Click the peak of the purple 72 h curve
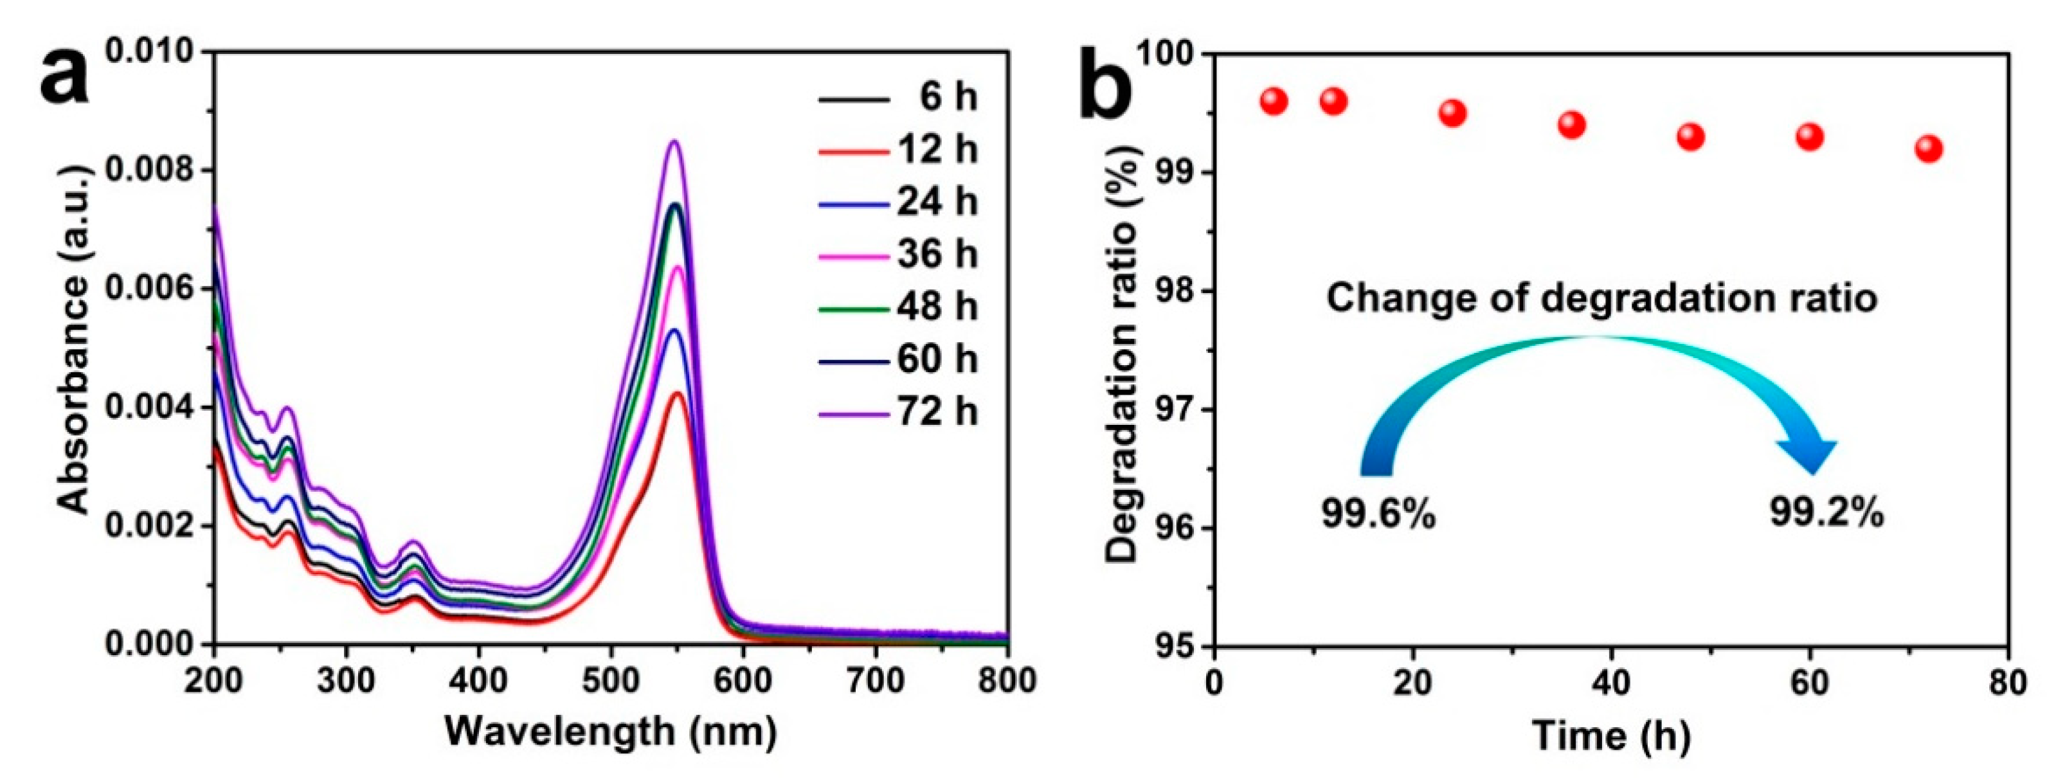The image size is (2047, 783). (x=674, y=142)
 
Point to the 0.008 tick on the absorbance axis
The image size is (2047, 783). (x=149, y=170)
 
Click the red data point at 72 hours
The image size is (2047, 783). (x=1929, y=148)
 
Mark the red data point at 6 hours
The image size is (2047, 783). (x=1273, y=101)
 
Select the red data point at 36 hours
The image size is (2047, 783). (x=1571, y=125)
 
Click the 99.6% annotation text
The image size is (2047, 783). (x=1378, y=514)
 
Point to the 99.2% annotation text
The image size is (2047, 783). (x=1826, y=513)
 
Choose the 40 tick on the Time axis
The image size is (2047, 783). (x=1610, y=682)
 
